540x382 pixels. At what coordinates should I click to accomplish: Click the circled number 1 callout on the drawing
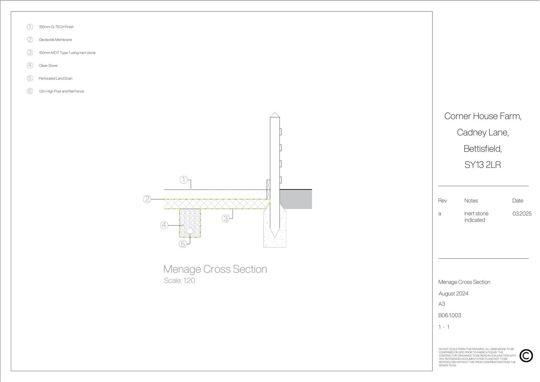point(184,180)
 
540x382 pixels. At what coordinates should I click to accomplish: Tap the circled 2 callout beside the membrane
point(147,199)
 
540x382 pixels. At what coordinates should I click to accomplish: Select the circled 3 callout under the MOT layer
point(226,219)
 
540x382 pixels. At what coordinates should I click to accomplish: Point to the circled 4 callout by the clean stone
point(164,225)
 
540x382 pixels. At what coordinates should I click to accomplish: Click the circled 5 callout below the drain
point(183,244)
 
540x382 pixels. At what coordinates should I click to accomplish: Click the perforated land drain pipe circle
point(190,231)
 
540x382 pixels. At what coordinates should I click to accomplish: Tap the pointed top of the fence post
point(275,113)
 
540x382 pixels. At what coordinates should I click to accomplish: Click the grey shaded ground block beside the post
point(296,199)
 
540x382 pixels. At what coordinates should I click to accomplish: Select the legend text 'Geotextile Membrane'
point(55,40)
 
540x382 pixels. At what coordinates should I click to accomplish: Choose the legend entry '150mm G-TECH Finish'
point(56,27)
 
